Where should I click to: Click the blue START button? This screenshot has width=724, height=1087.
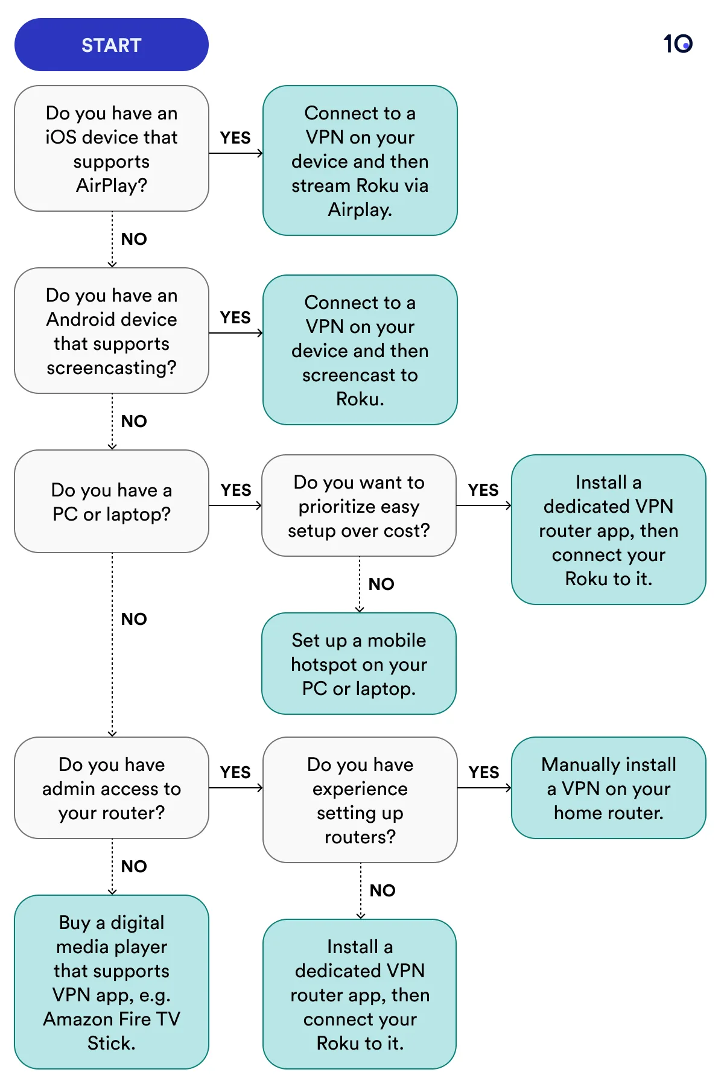click(x=112, y=45)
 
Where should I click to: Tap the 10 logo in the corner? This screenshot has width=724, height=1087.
click(x=678, y=43)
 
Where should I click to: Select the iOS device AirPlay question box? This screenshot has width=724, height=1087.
click(x=112, y=148)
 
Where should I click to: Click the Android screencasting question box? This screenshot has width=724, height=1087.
click(x=112, y=331)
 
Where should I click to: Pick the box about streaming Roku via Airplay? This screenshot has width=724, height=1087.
click(x=360, y=160)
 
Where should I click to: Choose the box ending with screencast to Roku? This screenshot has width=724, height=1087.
click(x=360, y=350)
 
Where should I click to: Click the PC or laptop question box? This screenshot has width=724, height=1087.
click(x=112, y=501)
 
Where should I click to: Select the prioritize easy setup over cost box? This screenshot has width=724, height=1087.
click(x=358, y=505)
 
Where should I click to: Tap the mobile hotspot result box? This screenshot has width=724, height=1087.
click(x=358, y=664)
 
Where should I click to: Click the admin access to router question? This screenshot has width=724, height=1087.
click(x=112, y=788)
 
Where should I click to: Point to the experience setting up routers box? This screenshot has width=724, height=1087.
click(x=360, y=800)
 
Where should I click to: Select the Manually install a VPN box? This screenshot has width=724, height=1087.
click(x=608, y=788)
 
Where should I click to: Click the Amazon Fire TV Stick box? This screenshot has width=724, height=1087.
click(x=112, y=982)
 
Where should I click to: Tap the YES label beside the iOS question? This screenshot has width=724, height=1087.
click(x=235, y=138)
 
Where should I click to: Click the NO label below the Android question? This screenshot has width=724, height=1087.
click(x=134, y=422)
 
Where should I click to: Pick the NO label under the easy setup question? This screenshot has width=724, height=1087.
click(x=381, y=585)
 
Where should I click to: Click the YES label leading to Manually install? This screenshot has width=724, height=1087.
click(x=484, y=773)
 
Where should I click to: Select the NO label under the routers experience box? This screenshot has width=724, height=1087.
click(x=383, y=891)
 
